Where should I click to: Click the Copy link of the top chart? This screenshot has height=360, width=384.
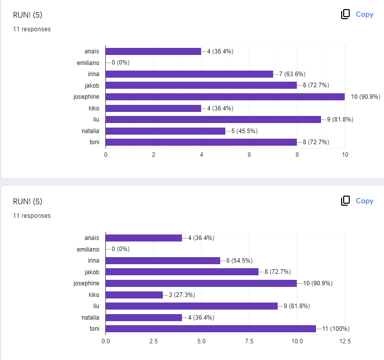[364, 15]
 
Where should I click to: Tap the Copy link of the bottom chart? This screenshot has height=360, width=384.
[364, 201]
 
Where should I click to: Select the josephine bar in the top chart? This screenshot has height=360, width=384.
[225, 97]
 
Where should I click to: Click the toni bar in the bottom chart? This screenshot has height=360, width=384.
[211, 329]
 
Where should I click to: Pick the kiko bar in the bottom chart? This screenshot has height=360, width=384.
[134, 295]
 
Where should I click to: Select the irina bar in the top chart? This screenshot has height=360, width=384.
[189, 74]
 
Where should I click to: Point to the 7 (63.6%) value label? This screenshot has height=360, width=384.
[292, 74]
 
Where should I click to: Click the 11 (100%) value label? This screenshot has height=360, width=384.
[336, 329]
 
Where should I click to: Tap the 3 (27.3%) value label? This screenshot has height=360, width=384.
[182, 295]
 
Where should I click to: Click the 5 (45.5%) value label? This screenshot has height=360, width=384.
[244, 131]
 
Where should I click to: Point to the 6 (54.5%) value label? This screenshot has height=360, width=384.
[239, 261]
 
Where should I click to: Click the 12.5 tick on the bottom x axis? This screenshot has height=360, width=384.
[345, 341]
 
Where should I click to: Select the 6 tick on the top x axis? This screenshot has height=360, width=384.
[249, 155]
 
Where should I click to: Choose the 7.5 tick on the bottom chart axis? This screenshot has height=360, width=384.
[249, 341]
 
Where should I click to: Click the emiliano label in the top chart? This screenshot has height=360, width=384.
[88, 63]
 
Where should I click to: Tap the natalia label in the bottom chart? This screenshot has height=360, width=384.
[90, 318]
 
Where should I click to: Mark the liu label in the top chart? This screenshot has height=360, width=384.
[96, 119]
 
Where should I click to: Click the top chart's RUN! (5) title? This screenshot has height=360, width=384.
[28, 15]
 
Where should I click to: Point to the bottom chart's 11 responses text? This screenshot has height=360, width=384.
[32, 216]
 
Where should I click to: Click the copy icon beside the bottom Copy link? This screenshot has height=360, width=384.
[345, 201]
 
